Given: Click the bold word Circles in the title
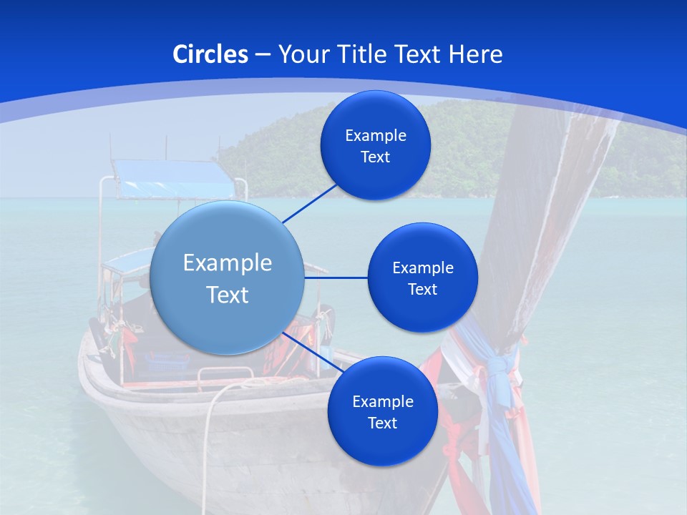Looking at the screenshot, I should click(210, 54).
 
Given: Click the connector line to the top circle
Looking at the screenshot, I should click(310, 203).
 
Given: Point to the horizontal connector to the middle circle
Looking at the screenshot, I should click(336, 278).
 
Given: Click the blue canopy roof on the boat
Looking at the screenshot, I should click(172, 179).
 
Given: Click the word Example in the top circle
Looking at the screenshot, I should click(375, 136).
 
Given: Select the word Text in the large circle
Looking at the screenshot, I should click(228, 295).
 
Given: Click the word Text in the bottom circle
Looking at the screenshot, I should click(382, 423).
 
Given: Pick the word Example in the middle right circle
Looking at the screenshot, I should click(422, 268).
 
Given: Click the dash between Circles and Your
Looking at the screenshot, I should click(263, 54).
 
